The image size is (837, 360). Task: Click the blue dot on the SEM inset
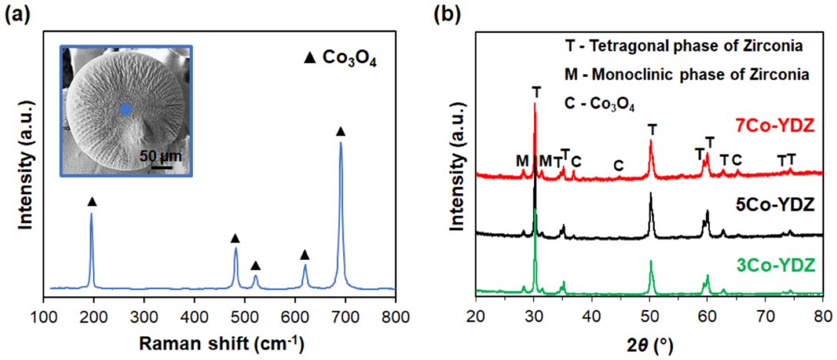coord(125,109)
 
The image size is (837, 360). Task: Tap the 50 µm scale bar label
coord(160,156)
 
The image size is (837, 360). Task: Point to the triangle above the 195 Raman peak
coord(92,202)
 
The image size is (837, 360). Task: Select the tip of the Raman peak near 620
coord(305,265)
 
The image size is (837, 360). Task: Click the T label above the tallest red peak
coord(536,92)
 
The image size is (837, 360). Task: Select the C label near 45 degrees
coord(619,166)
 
